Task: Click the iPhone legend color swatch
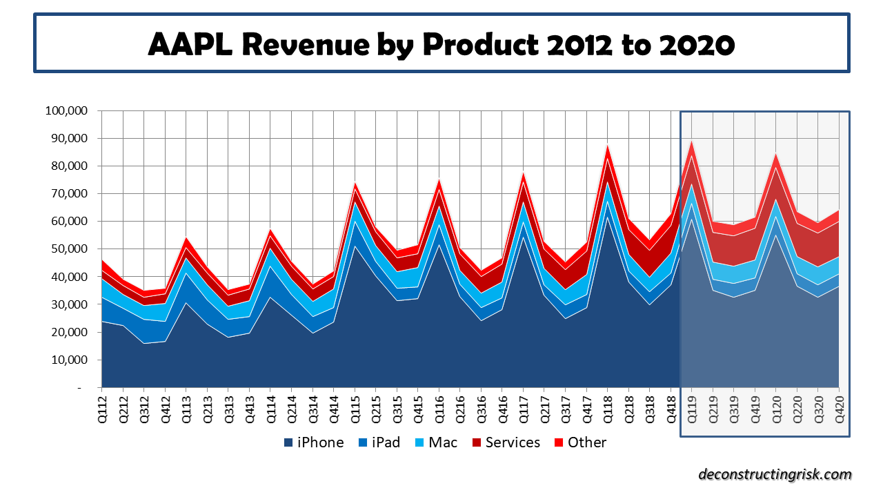288,442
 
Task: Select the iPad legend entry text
386,442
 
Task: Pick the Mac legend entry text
443,442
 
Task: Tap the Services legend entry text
513,442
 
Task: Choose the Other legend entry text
587,442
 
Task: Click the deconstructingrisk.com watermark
775,474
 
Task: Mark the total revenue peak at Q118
608,144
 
